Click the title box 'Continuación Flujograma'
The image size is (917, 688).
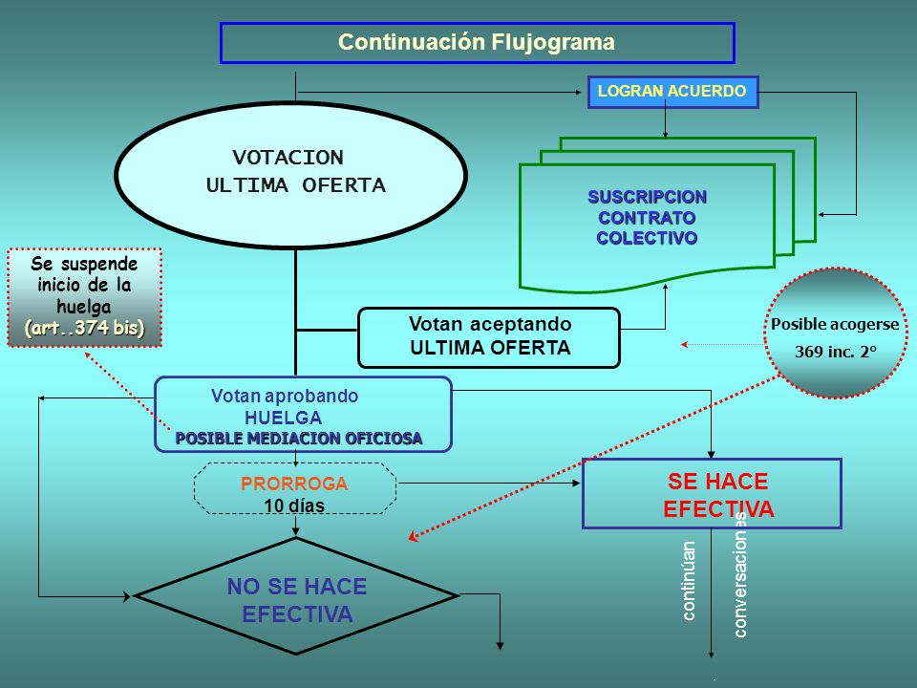point(478,43)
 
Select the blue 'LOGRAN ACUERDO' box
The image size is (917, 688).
point(672,92)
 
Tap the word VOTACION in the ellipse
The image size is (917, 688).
point(288,158)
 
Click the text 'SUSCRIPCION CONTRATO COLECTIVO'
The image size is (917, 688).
point(647,217)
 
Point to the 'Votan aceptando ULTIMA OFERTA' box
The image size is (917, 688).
point(489,337)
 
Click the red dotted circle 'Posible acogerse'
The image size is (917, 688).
point(836,333)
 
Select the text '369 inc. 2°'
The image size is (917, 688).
point(835,352)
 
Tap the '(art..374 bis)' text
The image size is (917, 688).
point(84,328)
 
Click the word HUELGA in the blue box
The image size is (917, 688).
point(283,418)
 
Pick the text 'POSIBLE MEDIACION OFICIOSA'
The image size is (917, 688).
point(299,439)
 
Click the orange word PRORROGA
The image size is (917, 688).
point(294,484)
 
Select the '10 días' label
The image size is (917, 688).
point(294,505)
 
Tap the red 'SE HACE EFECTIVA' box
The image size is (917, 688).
point(712,494)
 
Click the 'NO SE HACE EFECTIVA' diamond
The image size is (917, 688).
point(296,595)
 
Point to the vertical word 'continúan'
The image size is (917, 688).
point(689,580)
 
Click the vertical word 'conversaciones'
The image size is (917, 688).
point(739,575)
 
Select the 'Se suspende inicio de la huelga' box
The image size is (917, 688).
point(84,298)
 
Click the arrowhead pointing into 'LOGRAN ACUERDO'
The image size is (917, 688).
point(578,93)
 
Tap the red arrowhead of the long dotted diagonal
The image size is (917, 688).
point(413,536)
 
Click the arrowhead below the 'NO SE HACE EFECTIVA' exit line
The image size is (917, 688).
point(500,646)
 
